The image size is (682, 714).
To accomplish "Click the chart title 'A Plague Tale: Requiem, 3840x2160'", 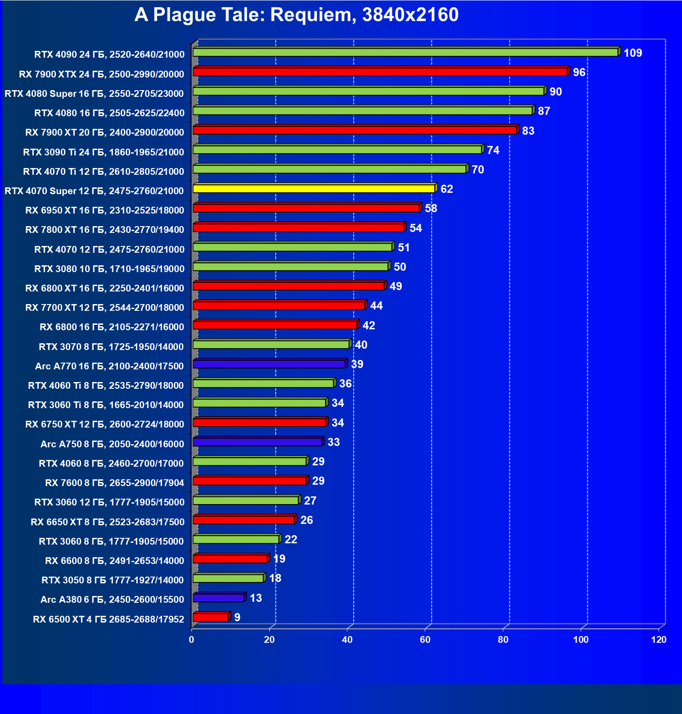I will click(x=296, y=15).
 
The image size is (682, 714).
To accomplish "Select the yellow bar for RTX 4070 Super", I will click(x=314, y=189).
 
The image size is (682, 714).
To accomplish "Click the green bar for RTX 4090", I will click(x=405, y=53).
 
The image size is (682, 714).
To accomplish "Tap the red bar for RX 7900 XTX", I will click(x=380, y=72).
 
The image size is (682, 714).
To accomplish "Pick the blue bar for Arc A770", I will click(x=269, y=364).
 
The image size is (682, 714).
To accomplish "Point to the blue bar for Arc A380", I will click(x=218, y=598).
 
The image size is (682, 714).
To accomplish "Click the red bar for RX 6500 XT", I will click(x=211, y=617).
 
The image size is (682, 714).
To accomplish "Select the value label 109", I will click(x=632, y=53).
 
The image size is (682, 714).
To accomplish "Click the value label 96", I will click(x=579, y=73).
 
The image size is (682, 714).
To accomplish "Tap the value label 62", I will click(x=446, y=189).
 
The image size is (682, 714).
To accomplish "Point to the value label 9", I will click(x=237, y=618).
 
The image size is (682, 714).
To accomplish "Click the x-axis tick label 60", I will click(x=425, y=640).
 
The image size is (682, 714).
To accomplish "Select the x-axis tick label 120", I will click(x=659, y=640).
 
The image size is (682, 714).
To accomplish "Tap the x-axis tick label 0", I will click(x=191, y=640).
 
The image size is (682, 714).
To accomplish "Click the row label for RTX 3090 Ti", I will click(x=104, y=152).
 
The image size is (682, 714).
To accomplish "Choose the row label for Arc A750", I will click(x=112, y=444).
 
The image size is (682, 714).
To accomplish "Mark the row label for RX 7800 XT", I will click(x=105, y=230).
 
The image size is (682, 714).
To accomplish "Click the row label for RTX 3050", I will click(x=113, y=580).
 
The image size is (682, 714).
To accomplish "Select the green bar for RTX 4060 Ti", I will click(x=264, y=383).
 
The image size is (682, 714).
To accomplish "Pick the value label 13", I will click(x=255, y=598).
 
